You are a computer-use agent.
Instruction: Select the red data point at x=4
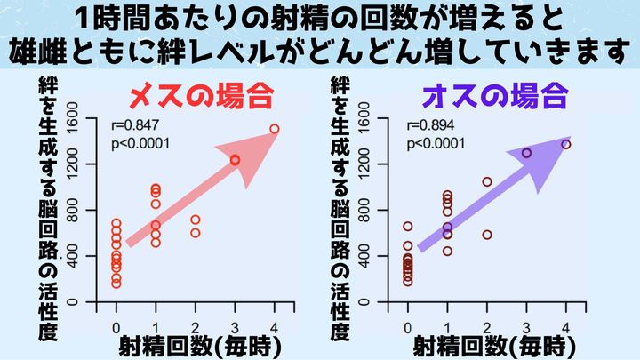click(274, 129)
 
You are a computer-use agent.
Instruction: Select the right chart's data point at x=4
click(565, 144)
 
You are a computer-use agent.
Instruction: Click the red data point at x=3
click(235, 160)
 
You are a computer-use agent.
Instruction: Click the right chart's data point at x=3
click(526, 153)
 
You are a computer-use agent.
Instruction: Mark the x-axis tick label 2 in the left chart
click(196, 317)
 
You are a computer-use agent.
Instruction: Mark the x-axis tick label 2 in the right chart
click(487, 317)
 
